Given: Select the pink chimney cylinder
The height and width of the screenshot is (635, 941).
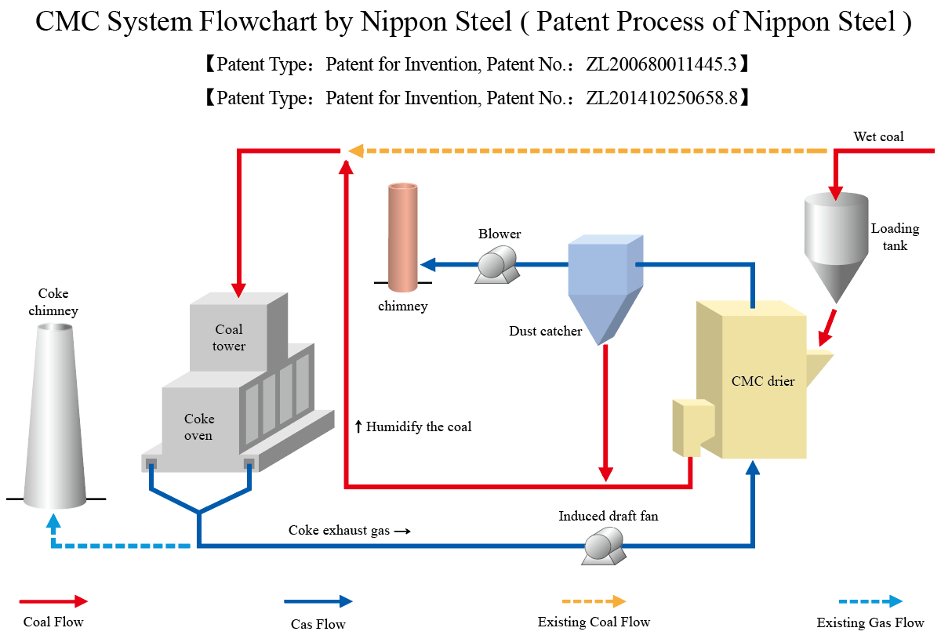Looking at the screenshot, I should pos(403,233).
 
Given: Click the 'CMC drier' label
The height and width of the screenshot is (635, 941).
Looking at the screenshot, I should pos(762,382).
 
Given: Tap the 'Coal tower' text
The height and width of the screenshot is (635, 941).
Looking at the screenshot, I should pos(229,337).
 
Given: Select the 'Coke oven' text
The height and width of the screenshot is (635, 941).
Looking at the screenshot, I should pos(198,426).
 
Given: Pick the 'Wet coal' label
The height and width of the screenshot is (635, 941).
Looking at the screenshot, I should pos(878,136).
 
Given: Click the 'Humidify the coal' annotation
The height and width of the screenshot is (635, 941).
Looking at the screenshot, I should pos(413,427).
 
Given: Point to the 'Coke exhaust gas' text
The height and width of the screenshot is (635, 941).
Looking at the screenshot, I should pos(339,530).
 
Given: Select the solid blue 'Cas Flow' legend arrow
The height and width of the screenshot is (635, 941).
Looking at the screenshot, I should pos(318,601).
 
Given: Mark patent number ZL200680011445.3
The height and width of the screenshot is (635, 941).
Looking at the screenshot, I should pos(661,65).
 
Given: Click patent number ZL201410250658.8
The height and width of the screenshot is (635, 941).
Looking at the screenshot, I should pos(661,98).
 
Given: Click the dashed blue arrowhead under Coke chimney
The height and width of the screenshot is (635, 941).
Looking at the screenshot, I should pos(53,522).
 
